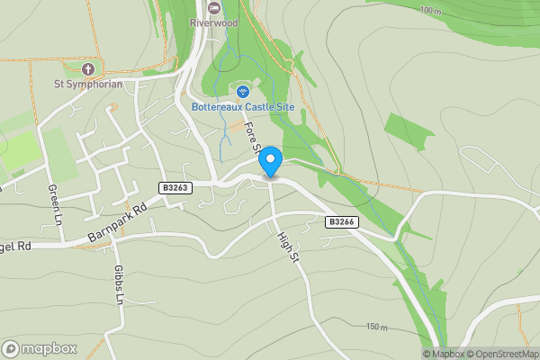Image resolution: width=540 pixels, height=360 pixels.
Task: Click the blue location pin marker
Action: coord(270,162)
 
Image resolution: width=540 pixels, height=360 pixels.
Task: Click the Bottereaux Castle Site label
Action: coord(243,107)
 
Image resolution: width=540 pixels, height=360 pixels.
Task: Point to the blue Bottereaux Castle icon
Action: coord(242,92)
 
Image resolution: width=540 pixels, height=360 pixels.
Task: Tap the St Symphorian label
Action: coord(87,85)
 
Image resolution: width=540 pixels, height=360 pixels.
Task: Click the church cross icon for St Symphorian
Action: coord(87,69)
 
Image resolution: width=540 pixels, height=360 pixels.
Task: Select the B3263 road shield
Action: coord(175,187)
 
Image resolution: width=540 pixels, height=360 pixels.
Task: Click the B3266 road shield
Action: coord(339,220)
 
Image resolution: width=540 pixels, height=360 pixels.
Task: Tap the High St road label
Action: coord(288,247)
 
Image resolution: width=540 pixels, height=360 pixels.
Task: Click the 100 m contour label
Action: coord(431,11)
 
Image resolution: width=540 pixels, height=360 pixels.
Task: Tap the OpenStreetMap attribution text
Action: coord(503,354)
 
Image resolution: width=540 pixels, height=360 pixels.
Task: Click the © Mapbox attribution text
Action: coord(444,354)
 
